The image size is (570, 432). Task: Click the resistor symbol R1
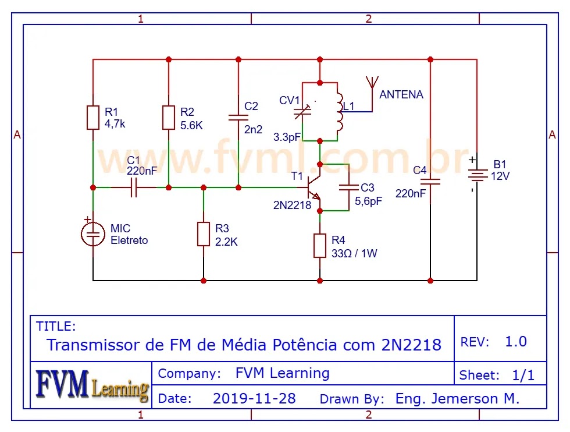[93, 117]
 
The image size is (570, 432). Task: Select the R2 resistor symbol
[169, 117]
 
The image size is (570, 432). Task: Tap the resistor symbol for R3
[204, 233]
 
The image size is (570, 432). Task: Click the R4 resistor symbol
[320, 245]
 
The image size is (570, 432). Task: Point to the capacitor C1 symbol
[134, 187]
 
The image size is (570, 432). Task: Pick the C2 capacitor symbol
[238, 117]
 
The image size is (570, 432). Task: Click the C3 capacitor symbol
[349, 187]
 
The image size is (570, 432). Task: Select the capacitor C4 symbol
[430, 181]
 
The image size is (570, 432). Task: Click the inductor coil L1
[339, 111]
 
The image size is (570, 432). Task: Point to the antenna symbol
[370, 87]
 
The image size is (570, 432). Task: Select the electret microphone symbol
[93, 233]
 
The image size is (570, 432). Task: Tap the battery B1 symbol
[477, 175]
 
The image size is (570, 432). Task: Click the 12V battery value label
[500, 176]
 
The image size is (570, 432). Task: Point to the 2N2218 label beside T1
[292, 205]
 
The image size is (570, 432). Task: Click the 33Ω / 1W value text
[354, 253]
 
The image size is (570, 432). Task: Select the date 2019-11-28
[254, 399]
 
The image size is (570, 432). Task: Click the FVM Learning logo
[91, 385]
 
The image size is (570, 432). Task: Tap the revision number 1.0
[516, 342]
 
